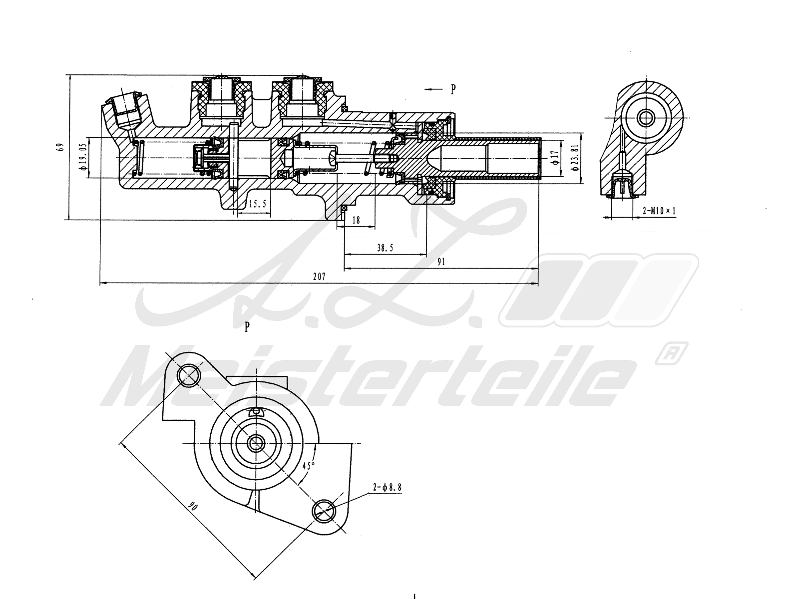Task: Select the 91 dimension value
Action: pyautogui.click(x=441, y=262)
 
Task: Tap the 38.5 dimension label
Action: pyautogui.click(x=385, y=247)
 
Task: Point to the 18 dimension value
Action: pyautogui.click(x=356, y=220)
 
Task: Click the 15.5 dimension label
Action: pyautogui.click(x=257, y=204)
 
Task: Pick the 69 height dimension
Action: pyautogui.click(x=60, y=147)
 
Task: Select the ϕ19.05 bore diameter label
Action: pyautogui.click(x=83, y=158)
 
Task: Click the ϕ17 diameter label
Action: pyautogui.click(x=554, y=158)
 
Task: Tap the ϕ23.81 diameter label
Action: pyautogui.click(x=576, y=158)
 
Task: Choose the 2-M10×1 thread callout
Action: pyautogui.click(x=659, y=211)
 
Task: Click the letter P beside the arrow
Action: pyautogui.click(x=453, y=89)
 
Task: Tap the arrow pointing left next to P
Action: pyautogui.click(x=433, y=89)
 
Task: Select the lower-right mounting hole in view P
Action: pyautogui.click(x=324, y=510)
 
